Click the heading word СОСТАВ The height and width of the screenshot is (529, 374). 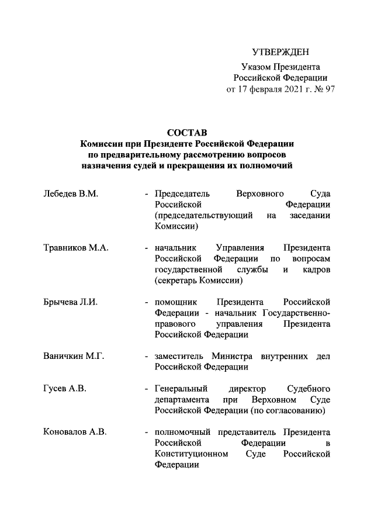click(186, 133)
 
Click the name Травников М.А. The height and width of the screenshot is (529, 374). click(75, 248)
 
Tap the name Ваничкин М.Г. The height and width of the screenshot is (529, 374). click(74, 357)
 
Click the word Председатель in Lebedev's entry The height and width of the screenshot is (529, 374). click(181, 193)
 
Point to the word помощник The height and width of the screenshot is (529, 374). click(175, 302)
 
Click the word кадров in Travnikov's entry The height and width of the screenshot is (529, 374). click(316, 269)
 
